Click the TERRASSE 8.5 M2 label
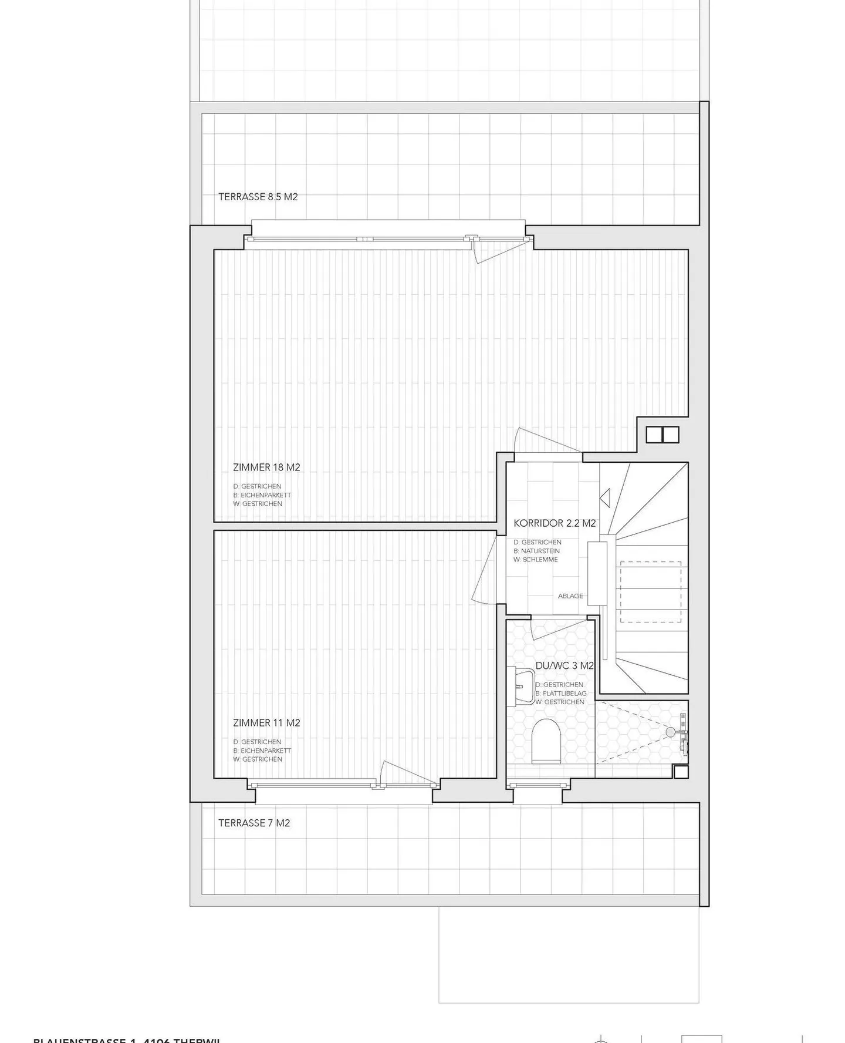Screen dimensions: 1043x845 258,197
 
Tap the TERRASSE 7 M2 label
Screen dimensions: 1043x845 254,823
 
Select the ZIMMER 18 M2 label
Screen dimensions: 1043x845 266,467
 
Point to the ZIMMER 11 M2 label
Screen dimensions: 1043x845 266,723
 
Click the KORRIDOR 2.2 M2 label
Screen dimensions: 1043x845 555,523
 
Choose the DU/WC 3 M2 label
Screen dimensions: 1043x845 565,666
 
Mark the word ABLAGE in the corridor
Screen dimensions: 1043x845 570,596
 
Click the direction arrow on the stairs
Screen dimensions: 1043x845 606,497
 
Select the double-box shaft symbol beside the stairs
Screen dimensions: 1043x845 663,435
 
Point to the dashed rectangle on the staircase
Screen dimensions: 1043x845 651,592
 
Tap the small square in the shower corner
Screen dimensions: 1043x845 681,772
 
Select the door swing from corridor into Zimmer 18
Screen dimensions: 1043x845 543,442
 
